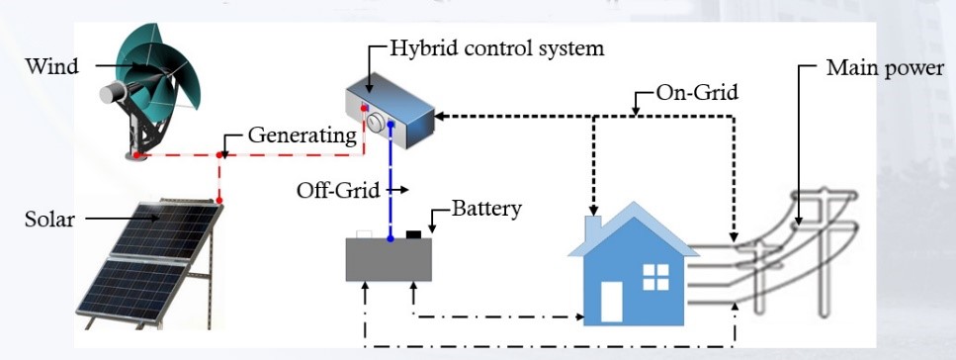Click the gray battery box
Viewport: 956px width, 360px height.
point(389,260)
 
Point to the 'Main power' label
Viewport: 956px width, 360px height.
point(885,70)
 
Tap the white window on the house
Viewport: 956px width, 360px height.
point(655,276)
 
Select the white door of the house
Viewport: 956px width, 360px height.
point(611,303)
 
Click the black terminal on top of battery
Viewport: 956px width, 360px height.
point(414,234)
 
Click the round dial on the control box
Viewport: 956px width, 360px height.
point(376,121)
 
